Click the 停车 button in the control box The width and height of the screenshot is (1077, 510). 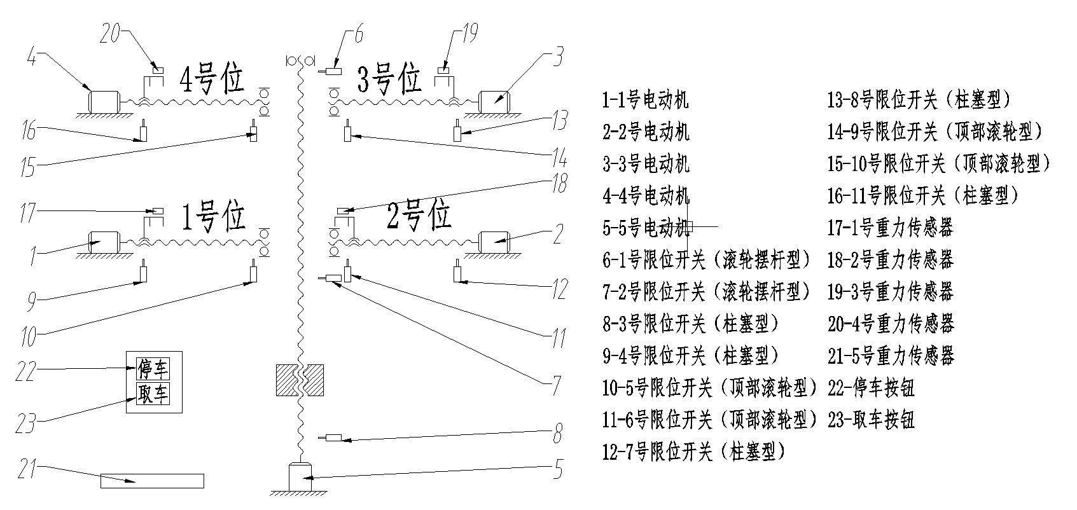[153, 369]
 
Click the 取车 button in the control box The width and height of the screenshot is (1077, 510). [153, 394]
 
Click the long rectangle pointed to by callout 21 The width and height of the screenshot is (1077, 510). [152, 481]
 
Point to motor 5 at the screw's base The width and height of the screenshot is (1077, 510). [300, 476]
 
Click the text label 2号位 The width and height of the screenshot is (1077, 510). [419, 216]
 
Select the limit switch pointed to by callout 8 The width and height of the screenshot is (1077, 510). [333, 438]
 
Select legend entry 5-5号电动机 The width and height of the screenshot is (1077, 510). [646, 228]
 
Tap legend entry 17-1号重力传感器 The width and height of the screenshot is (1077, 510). [891, 228]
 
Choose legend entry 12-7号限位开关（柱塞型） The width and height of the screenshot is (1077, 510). [693, 452]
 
